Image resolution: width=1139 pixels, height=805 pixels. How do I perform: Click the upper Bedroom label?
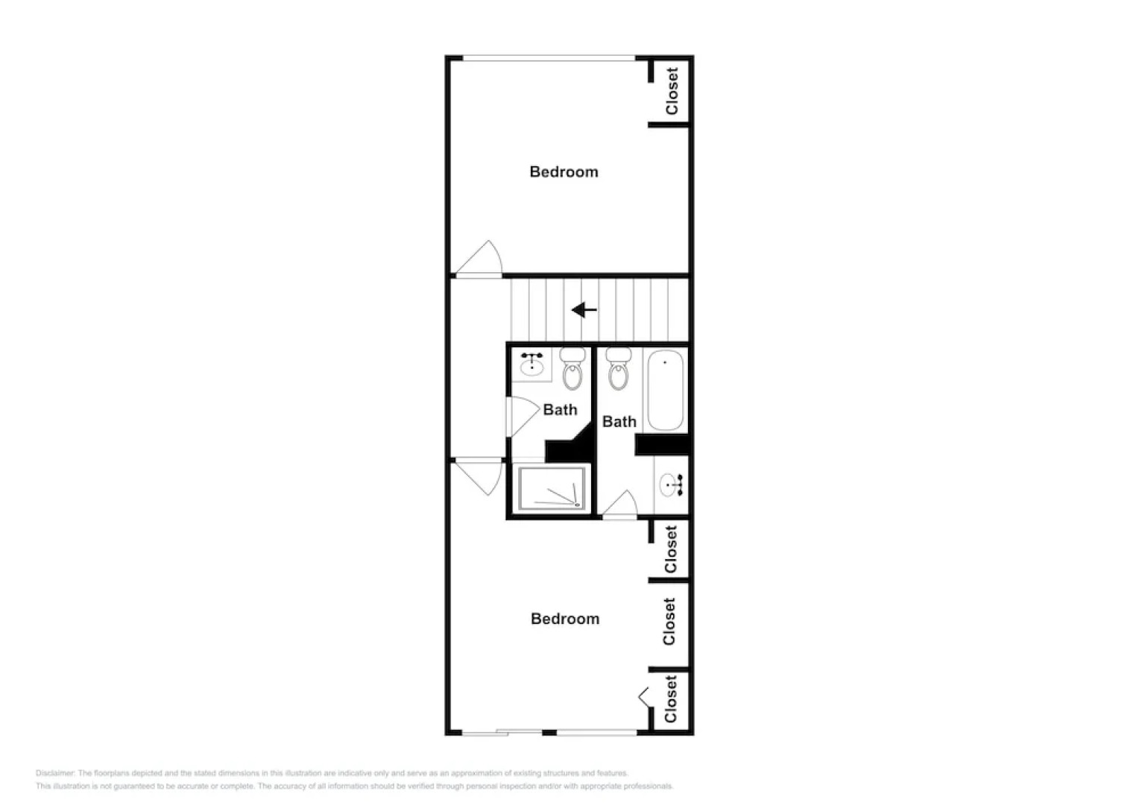click(x=564, y=172)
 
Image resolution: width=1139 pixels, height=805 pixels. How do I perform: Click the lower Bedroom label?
click(x=564, y=619)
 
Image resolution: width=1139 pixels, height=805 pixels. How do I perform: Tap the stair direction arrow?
click(x=584, y=310)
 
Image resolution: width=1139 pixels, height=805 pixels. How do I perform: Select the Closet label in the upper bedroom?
click(x=672, y=91)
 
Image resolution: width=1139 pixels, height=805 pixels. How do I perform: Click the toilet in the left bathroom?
click(x=572, y=368)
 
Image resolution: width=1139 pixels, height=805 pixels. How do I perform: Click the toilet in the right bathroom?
click(x=618, y=368)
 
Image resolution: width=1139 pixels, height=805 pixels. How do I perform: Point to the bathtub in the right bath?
click(x=665, y=391)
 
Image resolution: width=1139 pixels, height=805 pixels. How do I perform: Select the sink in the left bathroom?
click(x=531, y=364)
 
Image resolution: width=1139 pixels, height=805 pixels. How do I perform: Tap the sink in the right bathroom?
click(x=670, y=485)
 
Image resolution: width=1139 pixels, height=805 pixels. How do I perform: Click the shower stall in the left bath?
click(x=552, y=489)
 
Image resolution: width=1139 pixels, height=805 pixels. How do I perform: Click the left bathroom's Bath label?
click(x=560, y=410)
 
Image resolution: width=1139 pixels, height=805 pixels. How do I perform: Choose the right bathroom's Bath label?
click(x=619, y=422)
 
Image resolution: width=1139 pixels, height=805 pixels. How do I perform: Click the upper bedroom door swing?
click(x=482, y=259)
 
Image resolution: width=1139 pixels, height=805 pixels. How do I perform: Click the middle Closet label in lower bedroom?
click(x=669, y=622)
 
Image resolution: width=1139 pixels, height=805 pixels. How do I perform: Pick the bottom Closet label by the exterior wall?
click(x=670, y=699)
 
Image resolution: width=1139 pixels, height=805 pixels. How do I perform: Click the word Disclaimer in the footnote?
click(x=55, y=773)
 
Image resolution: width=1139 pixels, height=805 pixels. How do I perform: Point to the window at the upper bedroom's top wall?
click(x=549, y=58)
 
